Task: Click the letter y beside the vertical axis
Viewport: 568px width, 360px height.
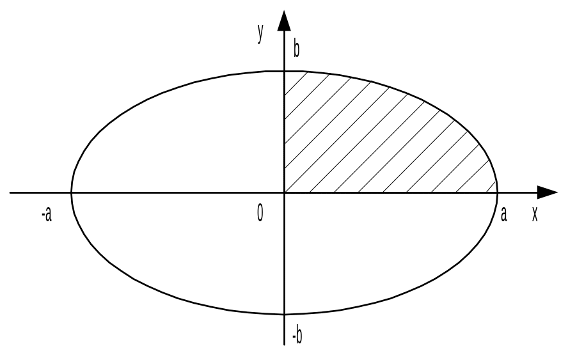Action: (260, 33)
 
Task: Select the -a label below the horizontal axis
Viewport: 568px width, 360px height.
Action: (46, 214)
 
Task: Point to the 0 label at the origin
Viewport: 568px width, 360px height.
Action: (260, 213)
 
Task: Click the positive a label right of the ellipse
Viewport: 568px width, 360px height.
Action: (503, 214)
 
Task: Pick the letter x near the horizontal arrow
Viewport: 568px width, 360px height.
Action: (535, 214)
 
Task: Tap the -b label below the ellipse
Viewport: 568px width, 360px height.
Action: (296, 334)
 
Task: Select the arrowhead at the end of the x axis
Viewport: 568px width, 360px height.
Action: (547, 192)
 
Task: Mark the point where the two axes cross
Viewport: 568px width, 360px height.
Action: (284, 192)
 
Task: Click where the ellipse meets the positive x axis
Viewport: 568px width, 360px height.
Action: (498, 192)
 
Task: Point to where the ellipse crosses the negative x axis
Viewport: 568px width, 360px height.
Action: (71, 192)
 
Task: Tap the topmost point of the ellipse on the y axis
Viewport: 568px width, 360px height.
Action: (284, 71)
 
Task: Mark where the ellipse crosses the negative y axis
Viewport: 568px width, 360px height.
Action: (284, 314)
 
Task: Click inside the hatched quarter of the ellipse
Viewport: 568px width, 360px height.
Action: (365, 141)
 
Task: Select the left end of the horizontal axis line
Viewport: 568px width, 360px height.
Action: (10, 192)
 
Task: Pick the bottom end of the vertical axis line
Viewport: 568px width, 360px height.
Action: (284, 345)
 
